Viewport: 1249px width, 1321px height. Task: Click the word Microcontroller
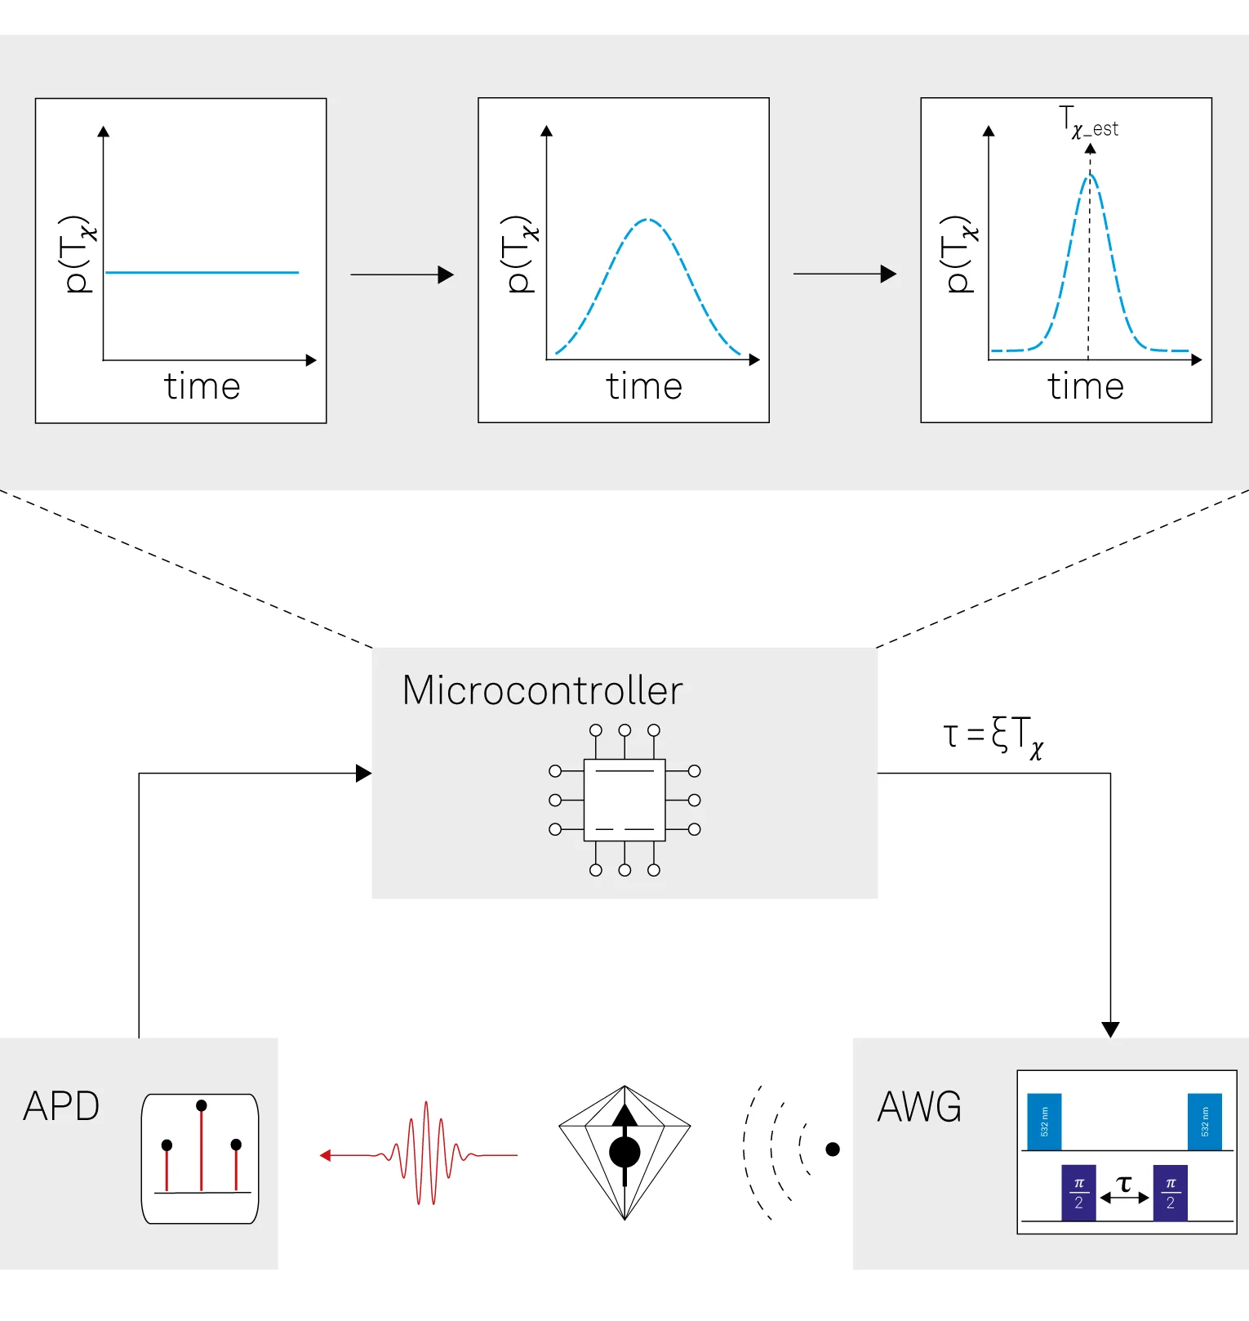(543, 690)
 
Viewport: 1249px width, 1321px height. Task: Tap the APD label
(61, 1106)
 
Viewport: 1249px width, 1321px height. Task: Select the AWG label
(919, 1107)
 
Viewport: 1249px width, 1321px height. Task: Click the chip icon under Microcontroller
(624, 800)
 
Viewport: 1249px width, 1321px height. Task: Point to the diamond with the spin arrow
(624, 1153)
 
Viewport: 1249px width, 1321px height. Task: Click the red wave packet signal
(419, 1154)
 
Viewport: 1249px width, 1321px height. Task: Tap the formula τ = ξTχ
(993, 736)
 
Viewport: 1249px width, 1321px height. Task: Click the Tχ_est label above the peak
(1089, 122)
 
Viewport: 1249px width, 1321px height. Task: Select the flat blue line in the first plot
(202, 272)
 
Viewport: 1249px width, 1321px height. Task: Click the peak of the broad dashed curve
(647, 219)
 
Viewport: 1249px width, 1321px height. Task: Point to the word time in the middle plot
(644, 386)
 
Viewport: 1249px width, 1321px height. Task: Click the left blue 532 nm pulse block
(1044, 1122)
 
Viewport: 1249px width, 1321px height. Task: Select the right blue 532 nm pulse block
(1205, 1122)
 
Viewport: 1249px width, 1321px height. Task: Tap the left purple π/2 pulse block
(1078, 1193)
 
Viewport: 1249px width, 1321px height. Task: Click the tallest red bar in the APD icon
(201, 1149)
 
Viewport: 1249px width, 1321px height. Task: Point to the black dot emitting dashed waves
(833, 1149)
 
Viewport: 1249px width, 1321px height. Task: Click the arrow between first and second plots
(402, 274)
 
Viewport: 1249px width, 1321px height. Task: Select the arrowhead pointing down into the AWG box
(1110, 1029)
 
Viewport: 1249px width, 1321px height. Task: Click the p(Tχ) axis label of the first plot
(78, 254)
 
